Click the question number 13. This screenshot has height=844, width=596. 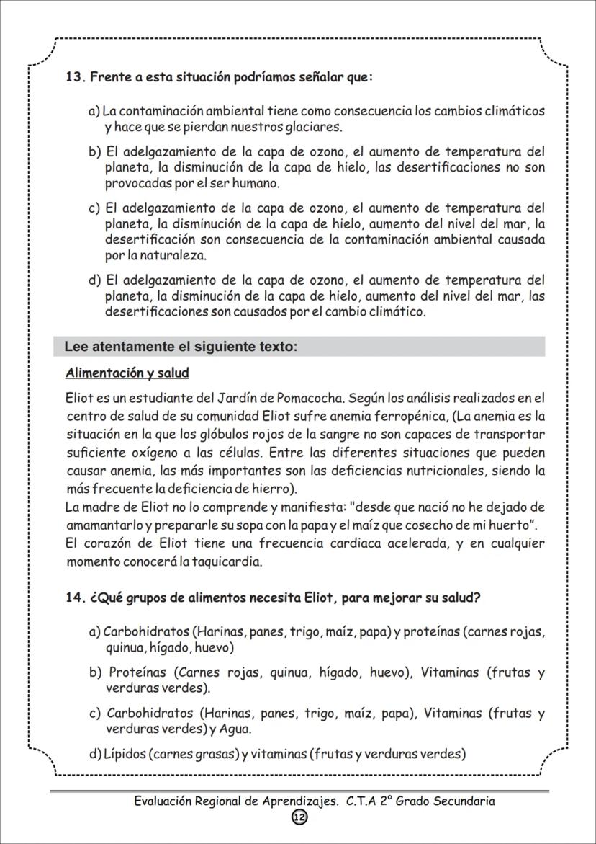point(75,77)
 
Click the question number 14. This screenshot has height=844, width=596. point(75,598)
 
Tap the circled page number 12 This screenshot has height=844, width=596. point(299,817)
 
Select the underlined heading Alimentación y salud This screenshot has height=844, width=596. point(127,373)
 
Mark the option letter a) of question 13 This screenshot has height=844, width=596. point(94,111)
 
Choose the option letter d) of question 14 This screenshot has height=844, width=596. point(95,754)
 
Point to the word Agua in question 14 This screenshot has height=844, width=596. point(235,729)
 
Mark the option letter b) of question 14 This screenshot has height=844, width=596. point(95,672)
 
